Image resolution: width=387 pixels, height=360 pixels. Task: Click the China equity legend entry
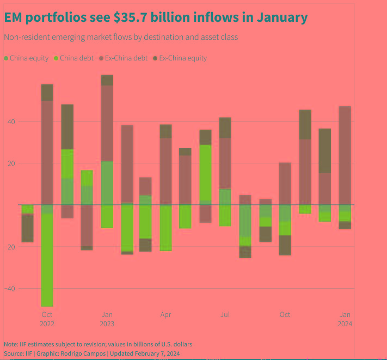(x=26, y=58)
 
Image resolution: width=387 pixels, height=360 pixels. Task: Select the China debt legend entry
(x=74, y=58)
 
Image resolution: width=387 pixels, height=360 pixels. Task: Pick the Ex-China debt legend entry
(x=123, y=58)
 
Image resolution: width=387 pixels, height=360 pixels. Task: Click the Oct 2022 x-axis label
(x=47, y=319)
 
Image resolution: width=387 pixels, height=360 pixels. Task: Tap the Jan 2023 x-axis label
(x=107, y=319)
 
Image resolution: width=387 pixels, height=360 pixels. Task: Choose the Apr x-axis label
(x=165, y=315)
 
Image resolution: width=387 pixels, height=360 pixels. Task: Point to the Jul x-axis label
(x=225, y=315)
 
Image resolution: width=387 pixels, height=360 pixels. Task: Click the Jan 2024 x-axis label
(x=345, y=319)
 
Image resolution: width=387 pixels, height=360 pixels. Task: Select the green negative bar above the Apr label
(x=165, y=228)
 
